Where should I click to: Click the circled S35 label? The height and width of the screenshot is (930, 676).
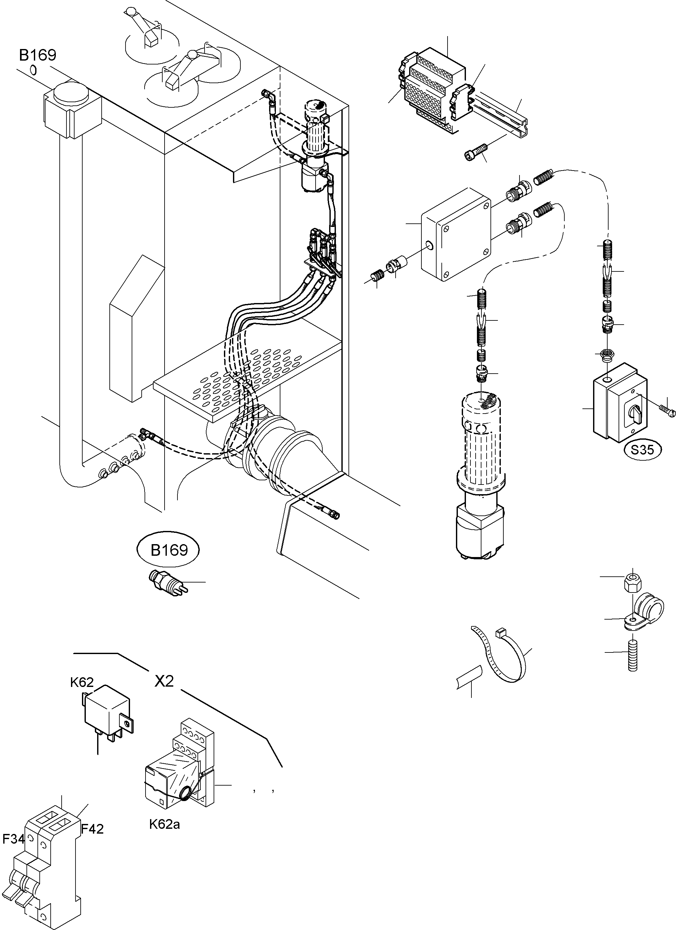(x=642, y=450)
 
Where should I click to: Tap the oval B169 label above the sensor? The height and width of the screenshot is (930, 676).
(x=169, y=550)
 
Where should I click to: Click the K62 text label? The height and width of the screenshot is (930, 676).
(x=82, y=682)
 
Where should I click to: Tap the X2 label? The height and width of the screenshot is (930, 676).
(x=164, y=681)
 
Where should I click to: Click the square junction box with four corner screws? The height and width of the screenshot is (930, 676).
(x=456, y=235)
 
